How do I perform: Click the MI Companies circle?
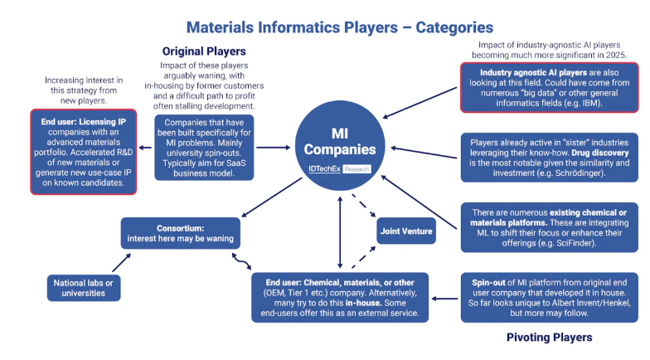[x=340, y=146]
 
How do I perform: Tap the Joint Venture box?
[x=406, y=231]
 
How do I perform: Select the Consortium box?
[x=181, y=233]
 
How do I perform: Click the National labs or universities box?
[x=83, y=288]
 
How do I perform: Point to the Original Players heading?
[x=204, y=51]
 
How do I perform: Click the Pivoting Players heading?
[x=549, y=337]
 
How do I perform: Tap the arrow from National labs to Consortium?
[x=121, y=262]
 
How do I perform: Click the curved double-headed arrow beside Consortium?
[x=242, y=261]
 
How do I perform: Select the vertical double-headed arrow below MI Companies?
[x=340, y=232]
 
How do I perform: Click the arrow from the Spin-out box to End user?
[x=444, y=299]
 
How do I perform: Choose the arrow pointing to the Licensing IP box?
[x=145, y=148]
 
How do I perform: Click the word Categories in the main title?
[x=454, y=27]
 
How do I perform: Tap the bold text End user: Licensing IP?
[x=83, y=121]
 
